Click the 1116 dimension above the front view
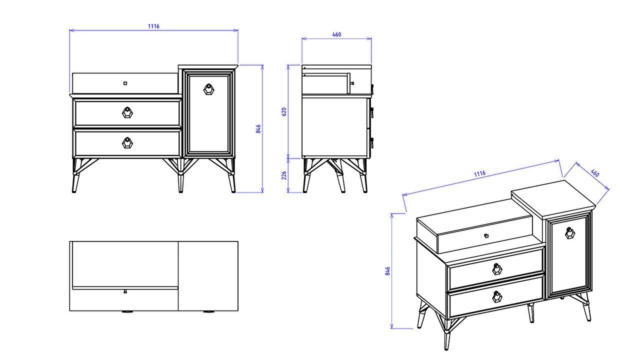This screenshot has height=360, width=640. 153,26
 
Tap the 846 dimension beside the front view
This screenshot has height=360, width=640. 258,128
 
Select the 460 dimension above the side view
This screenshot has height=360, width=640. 336,34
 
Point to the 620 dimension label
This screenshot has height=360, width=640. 284,111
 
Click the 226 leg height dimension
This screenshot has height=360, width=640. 284,175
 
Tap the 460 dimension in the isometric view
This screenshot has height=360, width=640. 594,173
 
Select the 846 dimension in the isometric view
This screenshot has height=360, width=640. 387,271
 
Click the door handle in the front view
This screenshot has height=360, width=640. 208,89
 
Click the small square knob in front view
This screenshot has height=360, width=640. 125,83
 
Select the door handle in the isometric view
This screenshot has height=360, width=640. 569,233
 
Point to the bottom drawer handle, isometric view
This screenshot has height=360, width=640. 497,297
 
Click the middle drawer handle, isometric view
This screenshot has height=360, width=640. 497,269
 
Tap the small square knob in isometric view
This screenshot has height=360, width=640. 485,235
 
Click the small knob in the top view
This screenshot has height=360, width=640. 125,291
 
